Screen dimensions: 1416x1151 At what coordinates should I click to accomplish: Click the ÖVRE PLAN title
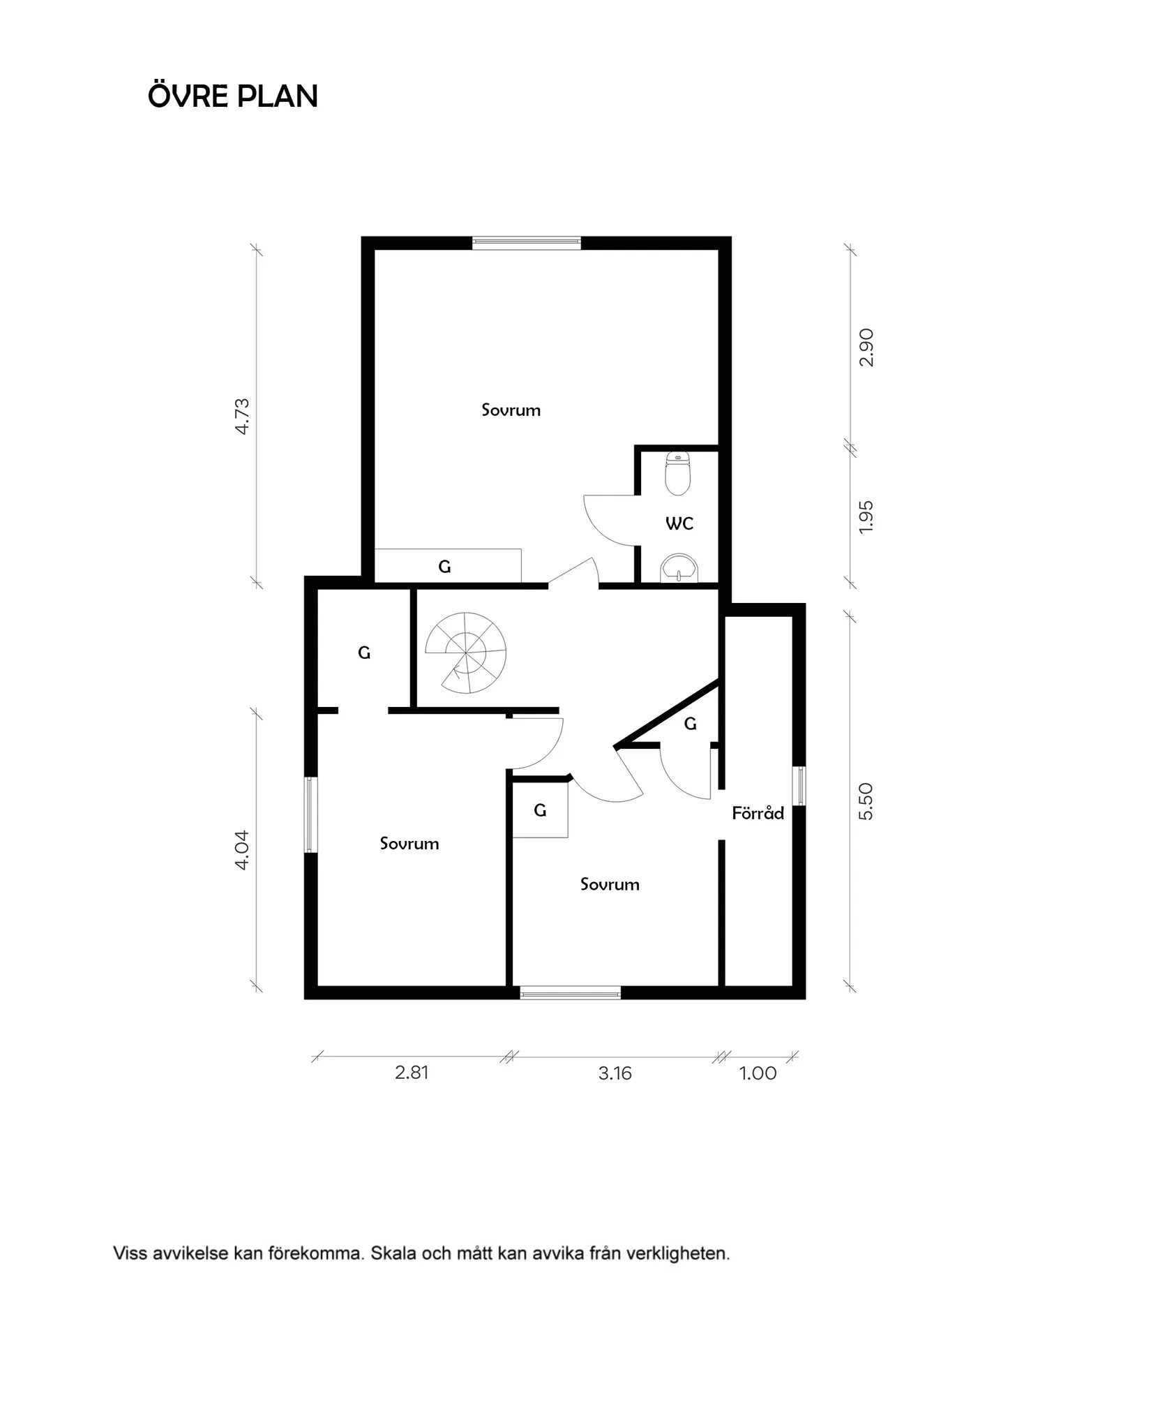point(233,96)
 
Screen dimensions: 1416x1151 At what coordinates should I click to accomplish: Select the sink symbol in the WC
point(678,569)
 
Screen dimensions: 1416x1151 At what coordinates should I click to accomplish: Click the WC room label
point(679,523)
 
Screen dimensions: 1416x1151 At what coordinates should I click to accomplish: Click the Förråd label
point(758,813)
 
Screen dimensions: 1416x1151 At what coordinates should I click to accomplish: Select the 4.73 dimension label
point(242,417)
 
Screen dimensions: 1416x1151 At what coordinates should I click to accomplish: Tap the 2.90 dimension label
point(866,348)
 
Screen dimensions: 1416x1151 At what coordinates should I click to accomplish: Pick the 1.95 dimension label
point(866,517)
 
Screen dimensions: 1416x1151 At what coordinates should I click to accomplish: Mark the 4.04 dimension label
point(242,849)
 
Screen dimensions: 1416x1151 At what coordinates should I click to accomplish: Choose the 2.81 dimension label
point(412,1073)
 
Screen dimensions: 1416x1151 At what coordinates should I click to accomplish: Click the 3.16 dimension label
point(615,1073)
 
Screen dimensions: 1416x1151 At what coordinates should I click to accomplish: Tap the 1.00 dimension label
point(758,1073)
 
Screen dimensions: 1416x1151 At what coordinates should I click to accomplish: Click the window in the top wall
point(527,243)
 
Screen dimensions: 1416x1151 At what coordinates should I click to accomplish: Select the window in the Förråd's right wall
point(800,786)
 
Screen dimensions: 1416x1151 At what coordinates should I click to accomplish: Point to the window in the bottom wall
point(570,992)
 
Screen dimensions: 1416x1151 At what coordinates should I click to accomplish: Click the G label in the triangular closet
point(690,724)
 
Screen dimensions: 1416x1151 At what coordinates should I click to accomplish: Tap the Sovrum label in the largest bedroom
point(511,410)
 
